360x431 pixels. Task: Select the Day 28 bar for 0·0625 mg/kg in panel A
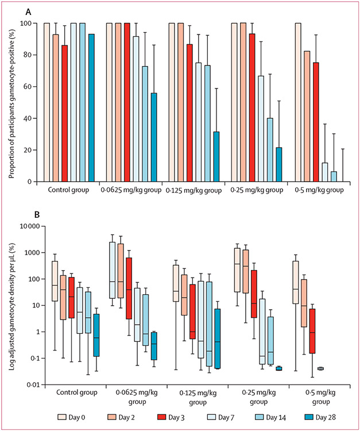coord(153,137)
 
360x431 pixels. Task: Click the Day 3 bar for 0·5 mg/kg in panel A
coord(316,122)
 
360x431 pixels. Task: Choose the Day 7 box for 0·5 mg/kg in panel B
coord(320,368)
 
